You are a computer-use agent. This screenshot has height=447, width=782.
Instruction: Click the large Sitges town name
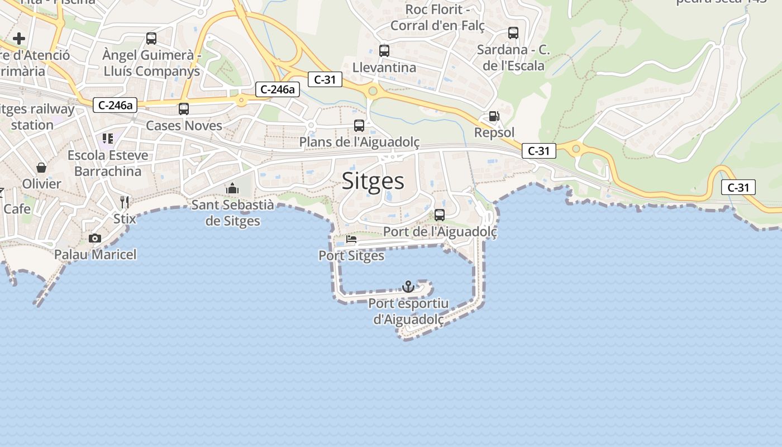(x=373, y=181)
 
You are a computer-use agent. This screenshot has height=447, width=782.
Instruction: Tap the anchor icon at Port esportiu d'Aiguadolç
(x=408, y=287)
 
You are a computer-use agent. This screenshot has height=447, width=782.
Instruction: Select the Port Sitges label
(x=351, y=256)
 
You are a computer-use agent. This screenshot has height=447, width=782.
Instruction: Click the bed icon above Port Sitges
(x=351, y=239)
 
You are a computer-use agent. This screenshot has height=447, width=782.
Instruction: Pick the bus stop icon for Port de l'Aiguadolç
(x=440, y=215)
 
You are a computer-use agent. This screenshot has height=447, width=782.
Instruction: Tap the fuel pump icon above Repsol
(x=494, y=116)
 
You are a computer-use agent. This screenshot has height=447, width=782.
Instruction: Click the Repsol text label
(x=494, y=132)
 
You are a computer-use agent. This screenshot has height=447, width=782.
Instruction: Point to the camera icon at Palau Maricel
(x=95, y=239)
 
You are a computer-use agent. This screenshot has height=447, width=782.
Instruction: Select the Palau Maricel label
(x=95, y=255)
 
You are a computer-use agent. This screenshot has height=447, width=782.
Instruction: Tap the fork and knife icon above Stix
(x=125, y=202)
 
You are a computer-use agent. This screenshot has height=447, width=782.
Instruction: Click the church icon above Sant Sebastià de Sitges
(x=232, y=188)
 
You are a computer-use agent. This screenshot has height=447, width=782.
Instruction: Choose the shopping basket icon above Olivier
(x=41, y=167)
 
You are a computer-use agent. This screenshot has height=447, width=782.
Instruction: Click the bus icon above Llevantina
(x=384, y=51)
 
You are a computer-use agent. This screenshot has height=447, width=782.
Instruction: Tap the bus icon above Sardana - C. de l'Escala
(x=513, y=33)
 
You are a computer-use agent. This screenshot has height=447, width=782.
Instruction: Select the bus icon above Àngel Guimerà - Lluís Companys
(x=151, y=39)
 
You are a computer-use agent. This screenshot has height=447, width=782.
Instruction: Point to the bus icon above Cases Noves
(x=184, y=109)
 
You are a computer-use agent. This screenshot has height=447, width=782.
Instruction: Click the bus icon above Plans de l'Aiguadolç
(x=359, y=126)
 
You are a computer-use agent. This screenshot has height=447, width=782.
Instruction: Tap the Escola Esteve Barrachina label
(x=108, y=163)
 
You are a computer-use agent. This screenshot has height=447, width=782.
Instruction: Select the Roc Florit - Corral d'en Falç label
(x=437, y=17)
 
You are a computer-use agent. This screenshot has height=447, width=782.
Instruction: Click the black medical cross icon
(x=19, y=39)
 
